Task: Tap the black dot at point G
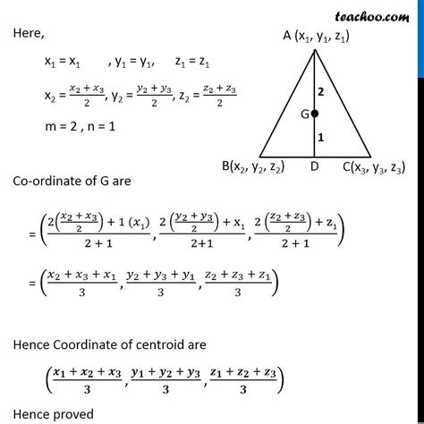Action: pyautogui.click(x=315, y=114)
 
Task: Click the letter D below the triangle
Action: pyautogui.click(x=316, y=166)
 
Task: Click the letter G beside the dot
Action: pyautogui.click(x=303, y=114)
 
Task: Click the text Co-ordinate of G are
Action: pyautogui.click(x=72, y=181)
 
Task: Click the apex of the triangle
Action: pyautogui.click(x=316, y=51)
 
